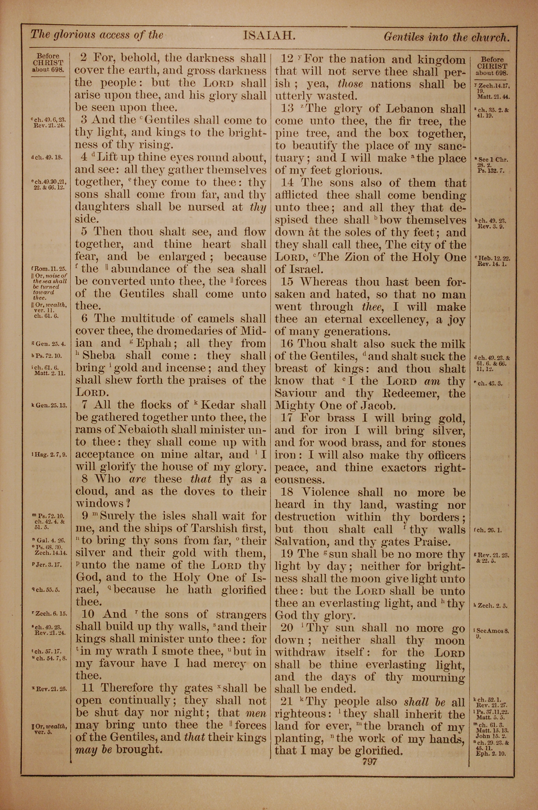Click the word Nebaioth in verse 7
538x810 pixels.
point(144,430)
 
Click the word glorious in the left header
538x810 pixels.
point(73,35)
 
